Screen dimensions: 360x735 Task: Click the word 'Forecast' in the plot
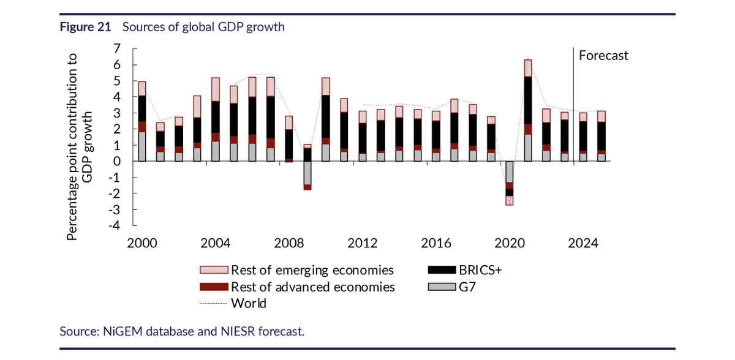coord(603,56)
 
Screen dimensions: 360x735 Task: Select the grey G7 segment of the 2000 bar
coord(141,147)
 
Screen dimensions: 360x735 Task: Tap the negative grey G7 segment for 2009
coord(307,173)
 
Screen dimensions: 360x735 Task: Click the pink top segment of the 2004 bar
coord(215,89)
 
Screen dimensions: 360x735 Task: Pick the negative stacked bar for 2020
coord(509,183)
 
